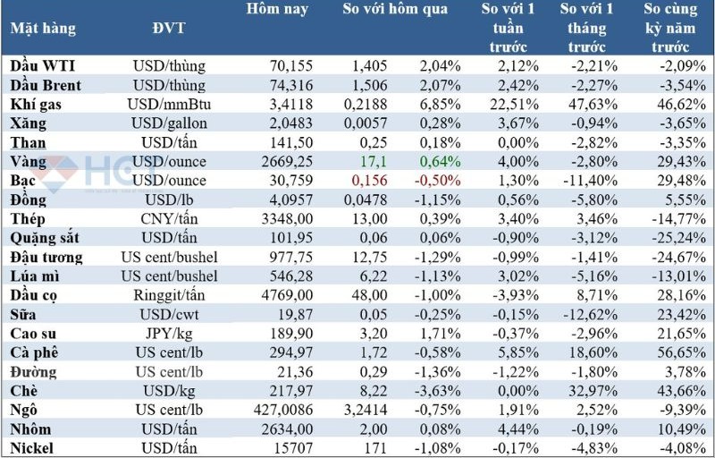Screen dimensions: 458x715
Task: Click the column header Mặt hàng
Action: [42, 28]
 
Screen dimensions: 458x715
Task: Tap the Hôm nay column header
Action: [277, 10]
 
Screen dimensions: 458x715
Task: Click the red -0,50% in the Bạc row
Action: [441, 181]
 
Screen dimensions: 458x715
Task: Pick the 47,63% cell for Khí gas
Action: [587, 104]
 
